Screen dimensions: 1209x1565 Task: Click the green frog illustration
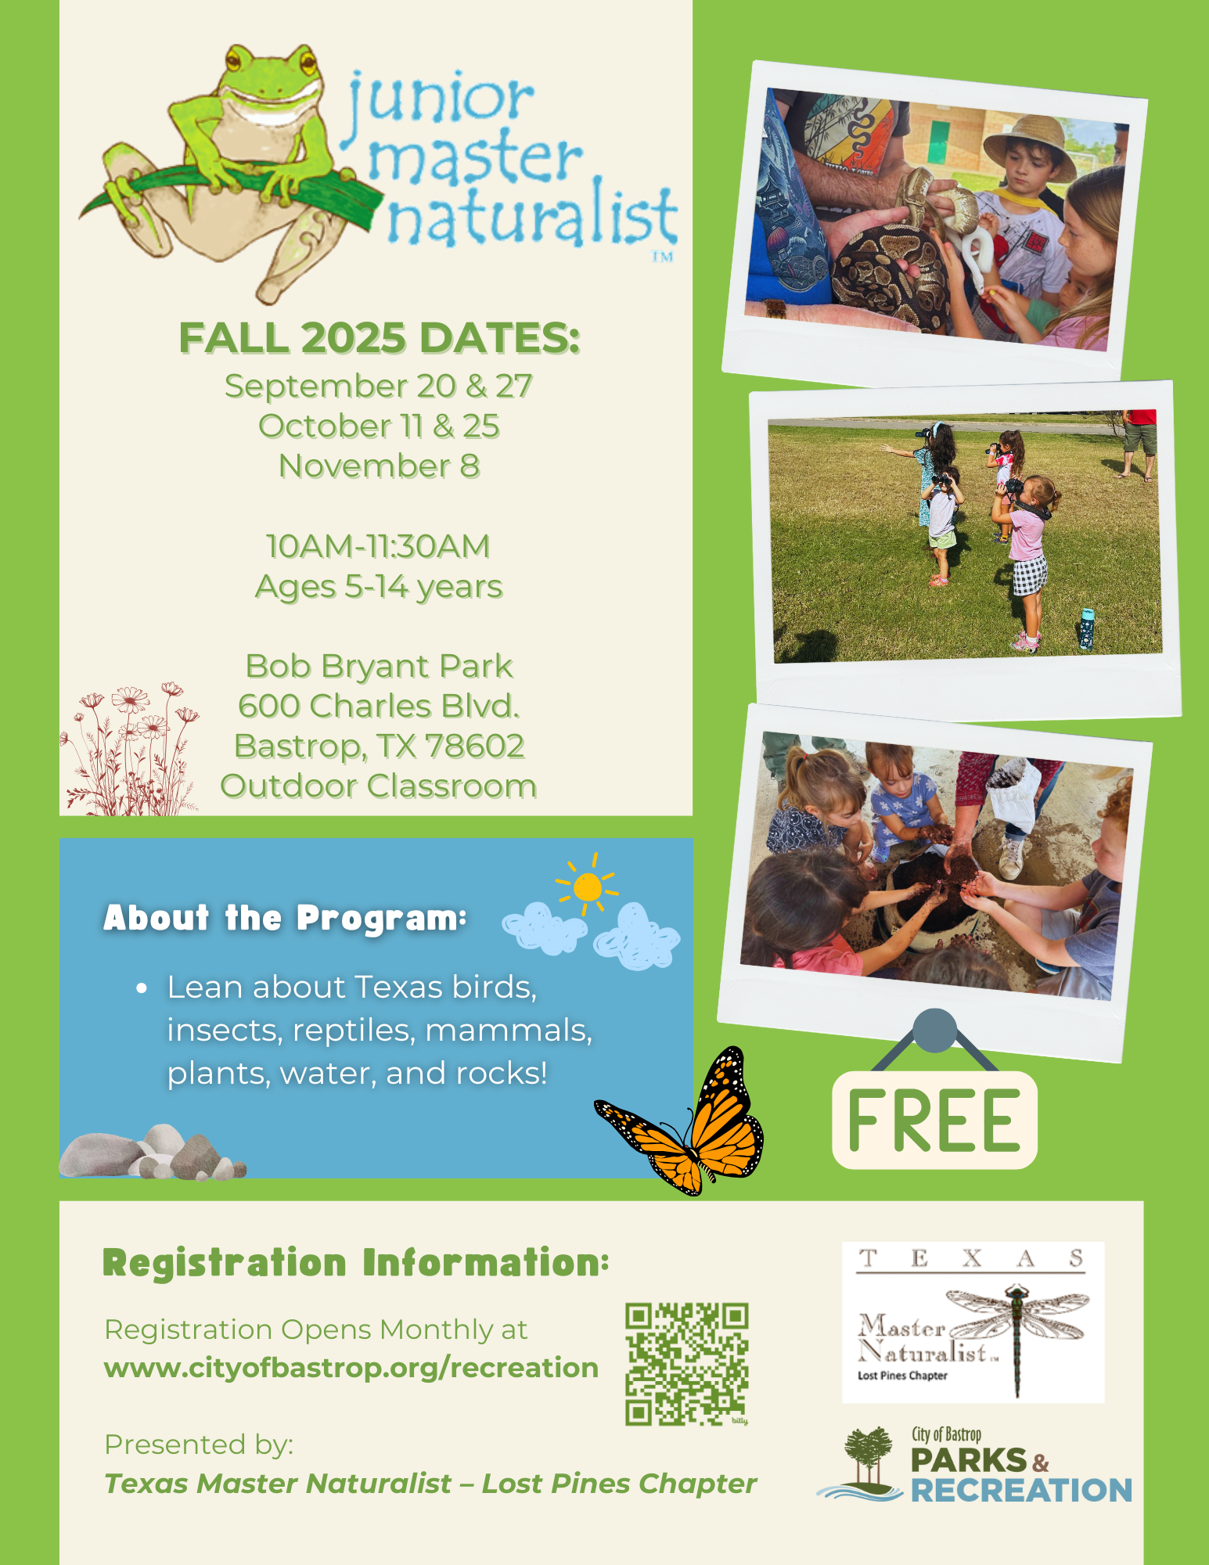(227, 168)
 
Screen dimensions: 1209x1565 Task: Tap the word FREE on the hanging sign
(934, 1121)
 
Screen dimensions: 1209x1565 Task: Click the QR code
(686, 1363)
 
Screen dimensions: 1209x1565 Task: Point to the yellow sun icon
(587, 887)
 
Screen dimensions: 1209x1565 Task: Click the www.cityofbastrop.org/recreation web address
(351, 1367)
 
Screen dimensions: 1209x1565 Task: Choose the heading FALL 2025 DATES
(380, 338)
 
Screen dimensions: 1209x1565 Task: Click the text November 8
(380, 466)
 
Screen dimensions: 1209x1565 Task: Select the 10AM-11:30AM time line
(379, 546)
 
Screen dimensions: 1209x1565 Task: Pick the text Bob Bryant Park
(380, 666)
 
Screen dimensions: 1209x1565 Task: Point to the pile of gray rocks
(153, 1152)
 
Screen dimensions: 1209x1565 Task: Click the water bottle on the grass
(1086, 628)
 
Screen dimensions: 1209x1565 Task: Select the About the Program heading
(286, 918)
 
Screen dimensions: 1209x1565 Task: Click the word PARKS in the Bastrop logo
(969, 1460)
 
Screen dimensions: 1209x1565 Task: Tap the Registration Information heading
(356, 1263)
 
